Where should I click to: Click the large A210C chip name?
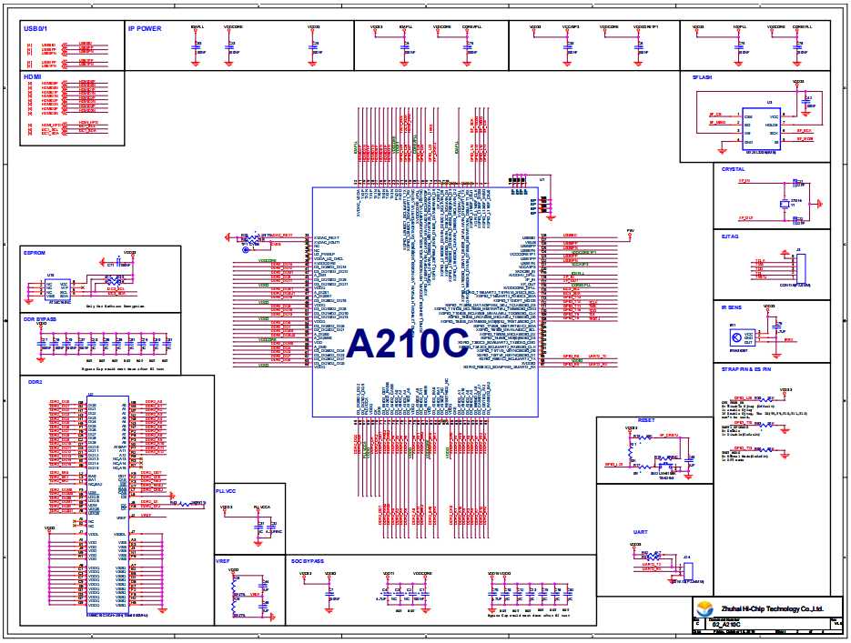[x=406, y=344]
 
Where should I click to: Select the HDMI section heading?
[x=33, y=76]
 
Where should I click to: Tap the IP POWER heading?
[x=145, y=28]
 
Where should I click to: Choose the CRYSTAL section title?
[x=733, y=169]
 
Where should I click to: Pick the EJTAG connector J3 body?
[x=800, y=269]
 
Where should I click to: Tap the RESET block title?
[x=646, y=421]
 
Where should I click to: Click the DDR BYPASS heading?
[x=40, y=319]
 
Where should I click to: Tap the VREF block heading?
[x=223, y=561]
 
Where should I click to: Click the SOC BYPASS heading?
[x=308, y=561]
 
